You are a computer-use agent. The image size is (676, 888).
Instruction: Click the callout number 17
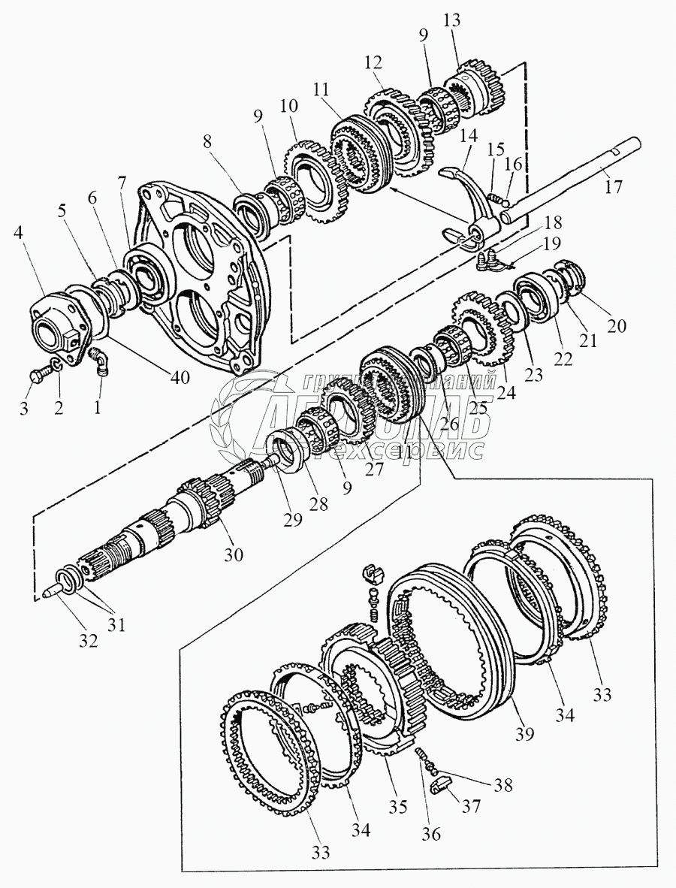click(x=614, y=186)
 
